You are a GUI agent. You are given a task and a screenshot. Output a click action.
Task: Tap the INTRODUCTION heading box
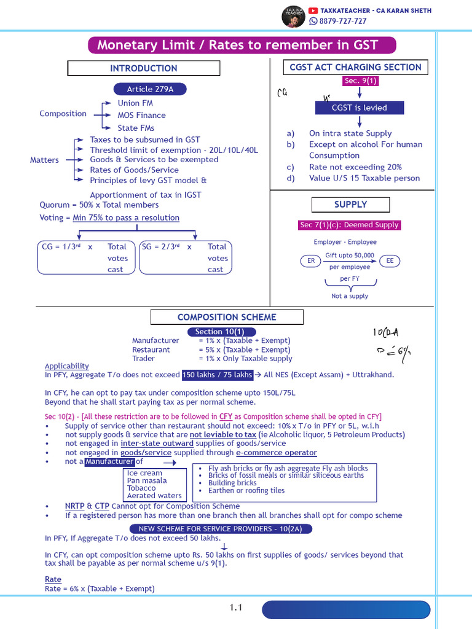pyautogui.click(x=143, y=68)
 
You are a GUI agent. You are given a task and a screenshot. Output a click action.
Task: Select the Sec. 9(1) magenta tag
pyautogui.click(x=361, y=81)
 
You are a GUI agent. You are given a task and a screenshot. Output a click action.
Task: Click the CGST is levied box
pyautogui.click(x=360, y=107)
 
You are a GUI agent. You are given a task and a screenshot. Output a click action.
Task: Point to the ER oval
pyautogui.click(x=311, y=261)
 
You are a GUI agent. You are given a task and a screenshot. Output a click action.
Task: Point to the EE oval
pyautogui.click(x=390, y=261)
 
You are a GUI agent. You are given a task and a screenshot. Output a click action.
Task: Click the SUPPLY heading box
pyautogui.click(x=350, y=205)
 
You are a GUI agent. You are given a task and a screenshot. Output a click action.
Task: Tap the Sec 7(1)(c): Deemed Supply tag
pyautogui.click(x=349, y=225)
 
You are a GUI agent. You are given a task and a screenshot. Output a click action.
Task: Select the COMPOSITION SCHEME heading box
pyautogui.click(x=227, y=317)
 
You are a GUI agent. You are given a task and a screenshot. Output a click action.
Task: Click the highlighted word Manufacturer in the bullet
pyautogui.click(x=109, y=461)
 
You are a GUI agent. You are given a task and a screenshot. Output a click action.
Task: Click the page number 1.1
pyautogui.click(x=237, y=608)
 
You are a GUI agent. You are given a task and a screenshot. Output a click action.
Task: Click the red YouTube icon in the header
pyautogui.click(x=313, y=10)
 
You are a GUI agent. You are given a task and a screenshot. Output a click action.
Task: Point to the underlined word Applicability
pyautogui.click(x=67, y=365)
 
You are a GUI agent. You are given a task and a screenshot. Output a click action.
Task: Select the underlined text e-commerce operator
pyautogui.click(x=277, y=453)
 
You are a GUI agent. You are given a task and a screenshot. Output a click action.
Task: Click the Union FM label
pyautogui.click(x=135, y=103)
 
